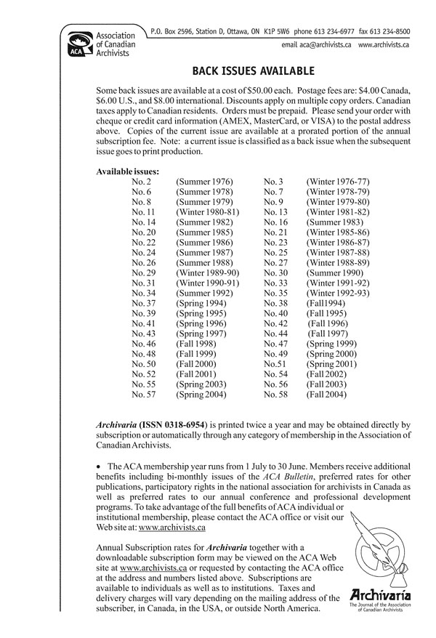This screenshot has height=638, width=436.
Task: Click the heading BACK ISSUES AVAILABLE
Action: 252,71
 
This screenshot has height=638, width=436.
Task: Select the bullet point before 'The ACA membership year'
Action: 99,464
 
